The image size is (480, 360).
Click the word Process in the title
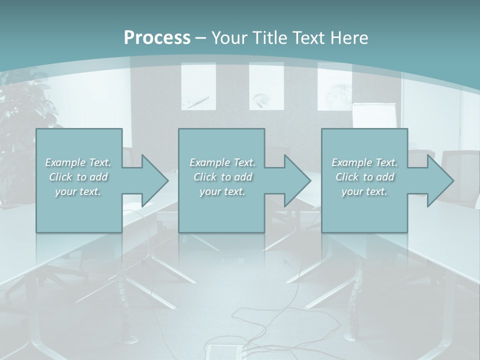click(157, 38)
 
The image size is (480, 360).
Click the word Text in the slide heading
click(309, 38)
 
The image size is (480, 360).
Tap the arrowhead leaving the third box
click(438, 180)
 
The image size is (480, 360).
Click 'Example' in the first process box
click(65, 162)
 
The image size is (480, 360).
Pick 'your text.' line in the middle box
click(222, 192)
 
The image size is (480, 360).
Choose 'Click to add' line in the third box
click(365, 177)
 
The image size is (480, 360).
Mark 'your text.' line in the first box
click(78, 192)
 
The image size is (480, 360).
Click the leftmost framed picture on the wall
click(198, 86)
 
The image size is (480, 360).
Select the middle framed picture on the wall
click(266, 86)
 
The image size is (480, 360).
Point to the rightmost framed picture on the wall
click(334, 86)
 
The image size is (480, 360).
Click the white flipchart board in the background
click(374, 116)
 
